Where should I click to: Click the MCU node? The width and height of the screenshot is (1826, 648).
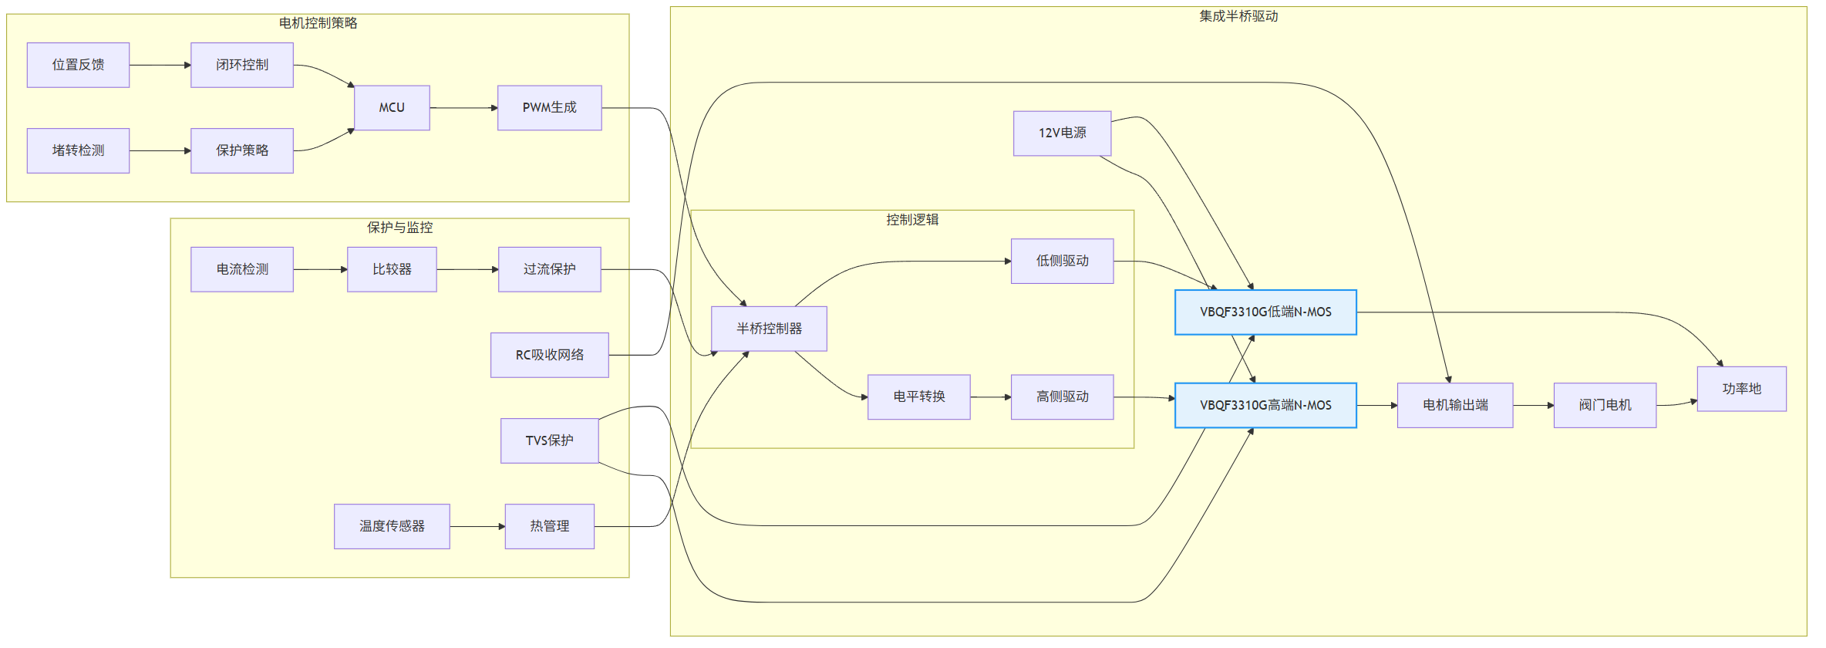[x=392, y=108]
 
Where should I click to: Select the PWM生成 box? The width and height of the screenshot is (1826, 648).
[x=550, y=108]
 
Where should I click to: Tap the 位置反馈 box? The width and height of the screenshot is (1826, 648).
[x=78, y=65]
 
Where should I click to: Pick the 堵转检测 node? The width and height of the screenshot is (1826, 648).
[x=78, y=150]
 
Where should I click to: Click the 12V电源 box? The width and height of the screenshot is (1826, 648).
[x=1062, y=133]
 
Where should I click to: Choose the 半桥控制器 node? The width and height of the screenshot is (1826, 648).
[x=769, y=329]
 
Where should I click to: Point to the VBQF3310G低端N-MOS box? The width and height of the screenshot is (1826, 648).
[x=1265, y=312]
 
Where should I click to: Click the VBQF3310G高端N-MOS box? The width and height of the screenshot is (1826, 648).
[x=1265, y=405]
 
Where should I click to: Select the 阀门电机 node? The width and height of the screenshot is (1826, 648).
[x=1605, y=405]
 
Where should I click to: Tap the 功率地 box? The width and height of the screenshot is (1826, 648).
[x=1741, y=389]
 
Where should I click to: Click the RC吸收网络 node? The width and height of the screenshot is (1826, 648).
[x=550, y=355]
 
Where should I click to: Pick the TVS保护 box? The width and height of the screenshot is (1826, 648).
[x=550, y=440]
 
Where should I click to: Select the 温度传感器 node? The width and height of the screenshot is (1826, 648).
[x=392, y=526]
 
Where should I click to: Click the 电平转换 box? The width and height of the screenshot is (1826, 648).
[x=919, y=397]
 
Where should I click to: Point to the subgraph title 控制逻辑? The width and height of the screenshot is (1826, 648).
[x=912, y=220]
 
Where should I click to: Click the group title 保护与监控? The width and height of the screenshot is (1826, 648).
[x=399, y=228]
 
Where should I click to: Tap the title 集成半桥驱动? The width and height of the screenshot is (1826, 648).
[x=1238, y=16]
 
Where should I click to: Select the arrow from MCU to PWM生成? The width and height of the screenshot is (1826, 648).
[x=463, y=108]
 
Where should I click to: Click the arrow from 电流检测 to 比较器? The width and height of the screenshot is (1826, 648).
[x=320, y=269]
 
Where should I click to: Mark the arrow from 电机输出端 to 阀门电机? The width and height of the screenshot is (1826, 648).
[x=1533, y=405]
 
